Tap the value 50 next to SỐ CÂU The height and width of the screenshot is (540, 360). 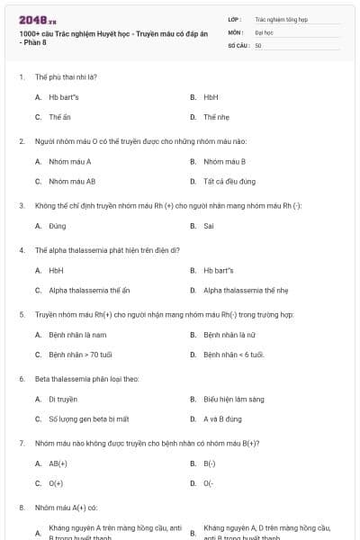258,45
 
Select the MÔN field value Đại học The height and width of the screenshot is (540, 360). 264,31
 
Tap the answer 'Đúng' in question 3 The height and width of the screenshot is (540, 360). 58,226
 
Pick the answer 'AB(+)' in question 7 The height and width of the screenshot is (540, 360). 58,463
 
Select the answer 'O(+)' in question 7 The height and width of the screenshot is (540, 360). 57,483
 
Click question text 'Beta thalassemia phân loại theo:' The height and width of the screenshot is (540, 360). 81,379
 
